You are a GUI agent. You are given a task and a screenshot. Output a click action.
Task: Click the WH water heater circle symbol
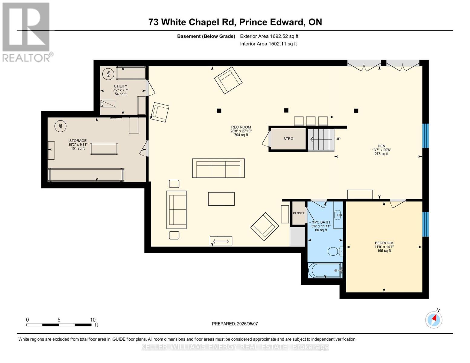[x=108, y=74]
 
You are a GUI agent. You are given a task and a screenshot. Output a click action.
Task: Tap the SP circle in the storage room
[x=60, y=126]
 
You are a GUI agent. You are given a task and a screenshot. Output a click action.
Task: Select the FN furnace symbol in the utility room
[x=108, y=103]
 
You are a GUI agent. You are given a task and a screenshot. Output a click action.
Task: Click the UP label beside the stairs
[x=338, y=139]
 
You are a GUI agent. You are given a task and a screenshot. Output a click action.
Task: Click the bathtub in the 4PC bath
[x=325, y=270]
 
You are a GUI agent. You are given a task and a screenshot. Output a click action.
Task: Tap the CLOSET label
[x=299, y=213]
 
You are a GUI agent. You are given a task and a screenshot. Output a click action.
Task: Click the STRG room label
[x=288, y=139]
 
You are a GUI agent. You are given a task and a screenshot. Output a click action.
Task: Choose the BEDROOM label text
[x=384, y=243]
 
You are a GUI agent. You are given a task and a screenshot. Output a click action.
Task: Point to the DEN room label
[x=382, y=146]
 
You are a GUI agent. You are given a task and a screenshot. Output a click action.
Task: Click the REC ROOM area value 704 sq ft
[x=241, y=135]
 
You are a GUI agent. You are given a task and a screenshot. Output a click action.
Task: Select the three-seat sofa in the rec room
[x=219, y=168]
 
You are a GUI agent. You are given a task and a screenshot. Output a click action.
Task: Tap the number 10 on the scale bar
[x=93, y=320]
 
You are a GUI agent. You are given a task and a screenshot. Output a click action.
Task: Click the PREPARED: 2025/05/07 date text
[x=235, y=324]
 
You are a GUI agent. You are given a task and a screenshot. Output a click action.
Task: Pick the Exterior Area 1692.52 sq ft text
[x=269, y=36]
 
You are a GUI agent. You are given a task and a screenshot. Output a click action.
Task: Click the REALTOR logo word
[x=26, y=58]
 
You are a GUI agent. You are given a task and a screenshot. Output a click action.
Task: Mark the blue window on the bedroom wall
[x=426, y=224]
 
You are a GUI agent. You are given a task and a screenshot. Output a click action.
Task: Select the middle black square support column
[x=286, y=110]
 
